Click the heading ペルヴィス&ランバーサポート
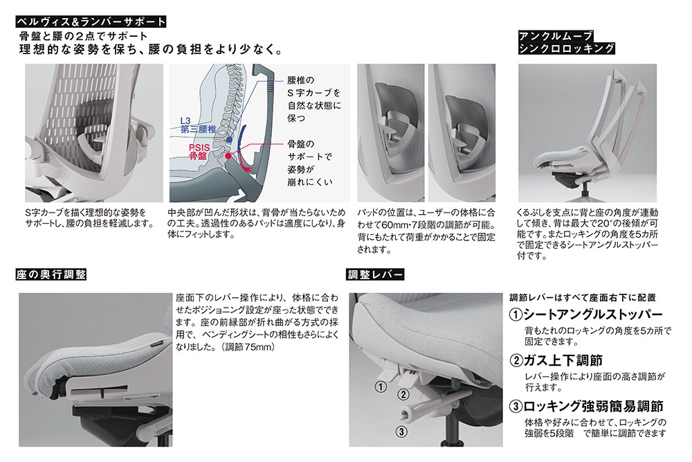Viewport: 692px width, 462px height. pos(91,21)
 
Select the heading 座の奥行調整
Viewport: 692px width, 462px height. pos(51,275)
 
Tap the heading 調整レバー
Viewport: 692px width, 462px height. pos(376,275)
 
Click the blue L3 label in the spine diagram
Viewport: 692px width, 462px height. pos(185,121)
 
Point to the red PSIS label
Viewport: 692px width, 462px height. pos(199,148)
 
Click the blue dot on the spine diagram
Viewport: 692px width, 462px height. pos(228,140)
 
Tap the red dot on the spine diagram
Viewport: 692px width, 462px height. pos(228,156)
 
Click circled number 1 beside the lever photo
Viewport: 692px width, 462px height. pos(381,387)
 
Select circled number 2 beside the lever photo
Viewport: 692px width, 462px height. pos(403,394)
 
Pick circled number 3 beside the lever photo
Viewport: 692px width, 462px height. pos(401,432)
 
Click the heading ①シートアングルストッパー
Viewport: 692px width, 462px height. pos(586,315)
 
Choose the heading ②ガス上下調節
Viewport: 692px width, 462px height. pos(556,361)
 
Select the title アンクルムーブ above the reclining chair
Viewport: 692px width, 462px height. pos(555,36)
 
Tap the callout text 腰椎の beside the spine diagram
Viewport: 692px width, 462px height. pos(300,80)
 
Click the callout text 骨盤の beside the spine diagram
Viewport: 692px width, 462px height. pos(300,144)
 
